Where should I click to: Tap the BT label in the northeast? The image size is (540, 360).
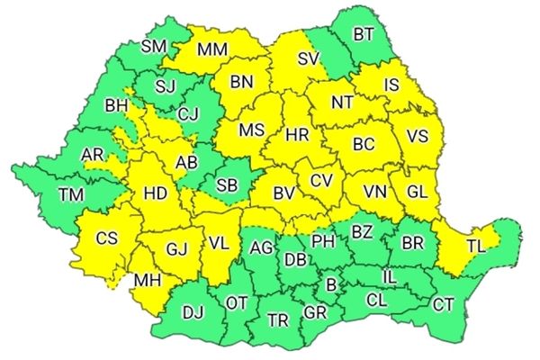tap(364, 35)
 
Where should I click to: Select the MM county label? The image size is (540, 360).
tap(212, 49)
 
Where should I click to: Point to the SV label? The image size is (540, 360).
tap(309, 60)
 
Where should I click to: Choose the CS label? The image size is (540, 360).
tap(107, 238)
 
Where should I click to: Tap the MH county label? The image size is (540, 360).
tap(146, 281)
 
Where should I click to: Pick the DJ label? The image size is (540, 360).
tap(193, 312)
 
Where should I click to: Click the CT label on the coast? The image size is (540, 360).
tap(444, 304)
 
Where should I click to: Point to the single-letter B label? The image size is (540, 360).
tap(331, 286)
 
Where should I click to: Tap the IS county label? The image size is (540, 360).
tap(391, 85)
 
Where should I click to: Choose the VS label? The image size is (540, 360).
tap(418, 136)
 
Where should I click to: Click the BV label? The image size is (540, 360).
tap(284, 193)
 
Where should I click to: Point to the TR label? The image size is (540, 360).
tap(279, 319)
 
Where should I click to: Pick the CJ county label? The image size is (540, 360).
tap(188, 113)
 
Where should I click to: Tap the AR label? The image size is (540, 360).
tap(93, 155)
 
